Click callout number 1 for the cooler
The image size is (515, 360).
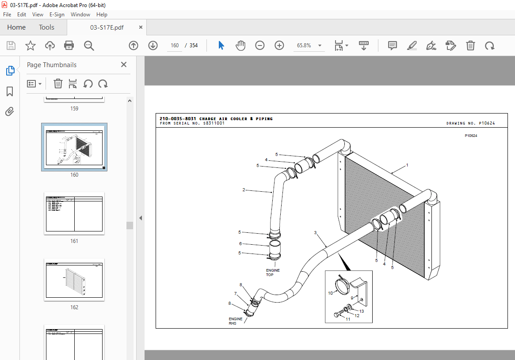[407, 165]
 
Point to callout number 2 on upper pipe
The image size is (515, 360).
[244, 190]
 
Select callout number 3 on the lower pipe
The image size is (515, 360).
[316, 232]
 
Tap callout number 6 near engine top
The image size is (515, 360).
[240, 243]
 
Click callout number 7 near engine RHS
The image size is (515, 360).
[236, 294]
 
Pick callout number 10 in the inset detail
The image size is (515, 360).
[330, 293]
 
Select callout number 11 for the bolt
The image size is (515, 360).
[348, 319]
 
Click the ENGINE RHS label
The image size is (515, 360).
[236, 321]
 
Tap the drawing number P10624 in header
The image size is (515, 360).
[486, 124]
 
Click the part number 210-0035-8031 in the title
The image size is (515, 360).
[178, 119]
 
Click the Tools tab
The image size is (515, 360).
[46, 27]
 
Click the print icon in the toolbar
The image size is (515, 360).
[69, 45]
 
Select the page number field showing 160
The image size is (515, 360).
[175, 45]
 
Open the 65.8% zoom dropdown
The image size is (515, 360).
[320, 45]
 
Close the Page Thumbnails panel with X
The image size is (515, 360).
[124, 65]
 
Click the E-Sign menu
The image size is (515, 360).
[57, 15]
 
